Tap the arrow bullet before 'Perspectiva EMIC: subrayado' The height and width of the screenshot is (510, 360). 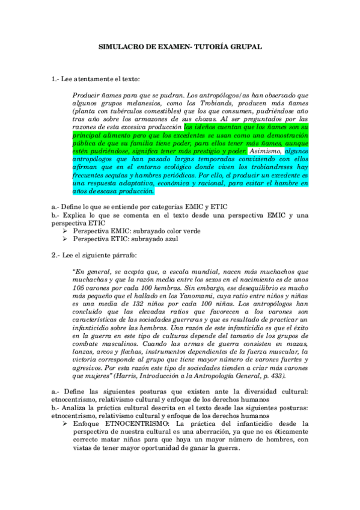click(x=66, y=230)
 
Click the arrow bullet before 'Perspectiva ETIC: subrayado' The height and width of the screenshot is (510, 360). click(x=66, y=239)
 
